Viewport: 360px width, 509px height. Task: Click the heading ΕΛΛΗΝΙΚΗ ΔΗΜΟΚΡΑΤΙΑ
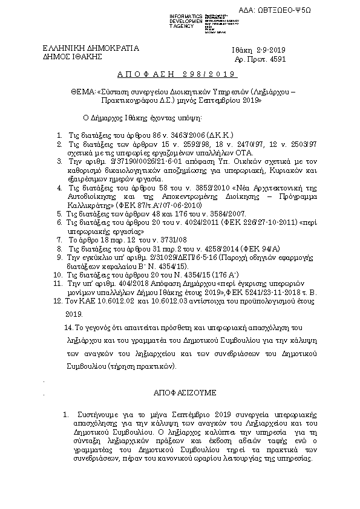click(90, 48)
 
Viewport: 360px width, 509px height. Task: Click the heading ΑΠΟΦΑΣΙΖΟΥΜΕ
click(180, 392)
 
